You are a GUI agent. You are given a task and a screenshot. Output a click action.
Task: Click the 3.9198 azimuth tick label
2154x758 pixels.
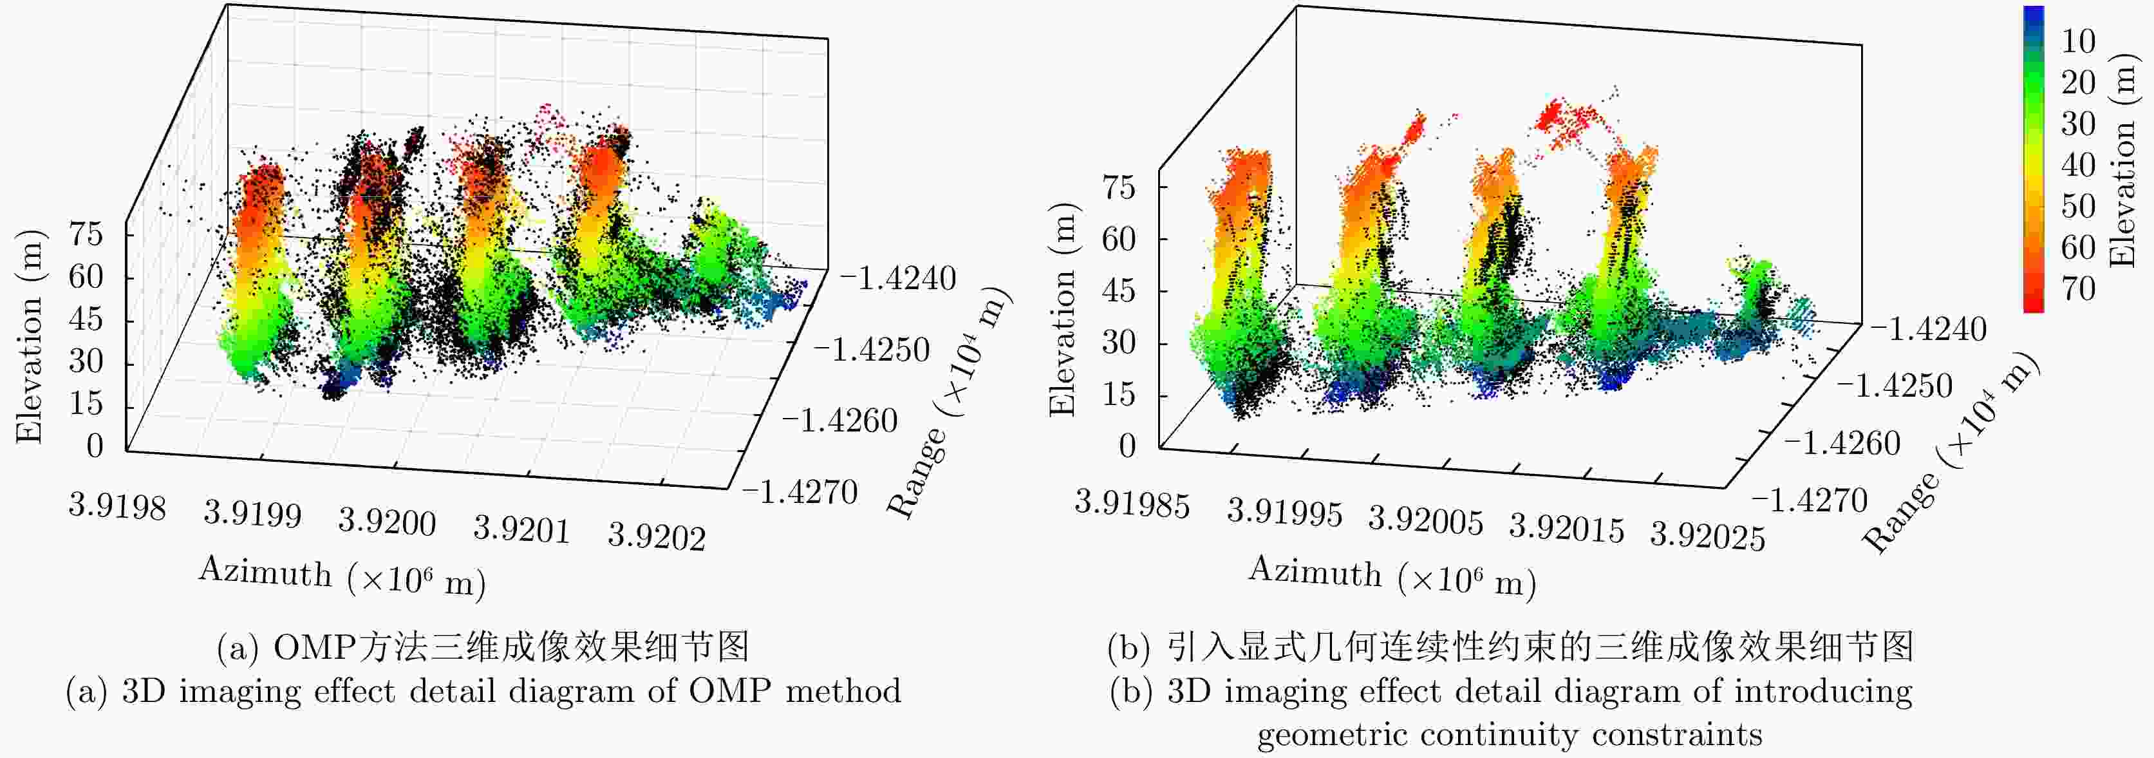click(117, 506)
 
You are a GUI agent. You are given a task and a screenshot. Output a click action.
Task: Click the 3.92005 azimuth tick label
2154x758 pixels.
click(1426, 520)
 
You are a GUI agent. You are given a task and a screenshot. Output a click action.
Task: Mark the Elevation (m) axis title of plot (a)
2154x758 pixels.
click(29, 336)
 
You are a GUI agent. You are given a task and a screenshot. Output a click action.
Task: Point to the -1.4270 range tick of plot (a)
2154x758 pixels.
click(800, 491)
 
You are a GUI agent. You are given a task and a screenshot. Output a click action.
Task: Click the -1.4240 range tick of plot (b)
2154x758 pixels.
click(1927, 329)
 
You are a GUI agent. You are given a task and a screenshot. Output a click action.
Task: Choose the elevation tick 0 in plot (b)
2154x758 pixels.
click(1127, 445)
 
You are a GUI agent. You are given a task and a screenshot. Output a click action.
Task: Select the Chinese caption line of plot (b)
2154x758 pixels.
click(1510, 647)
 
